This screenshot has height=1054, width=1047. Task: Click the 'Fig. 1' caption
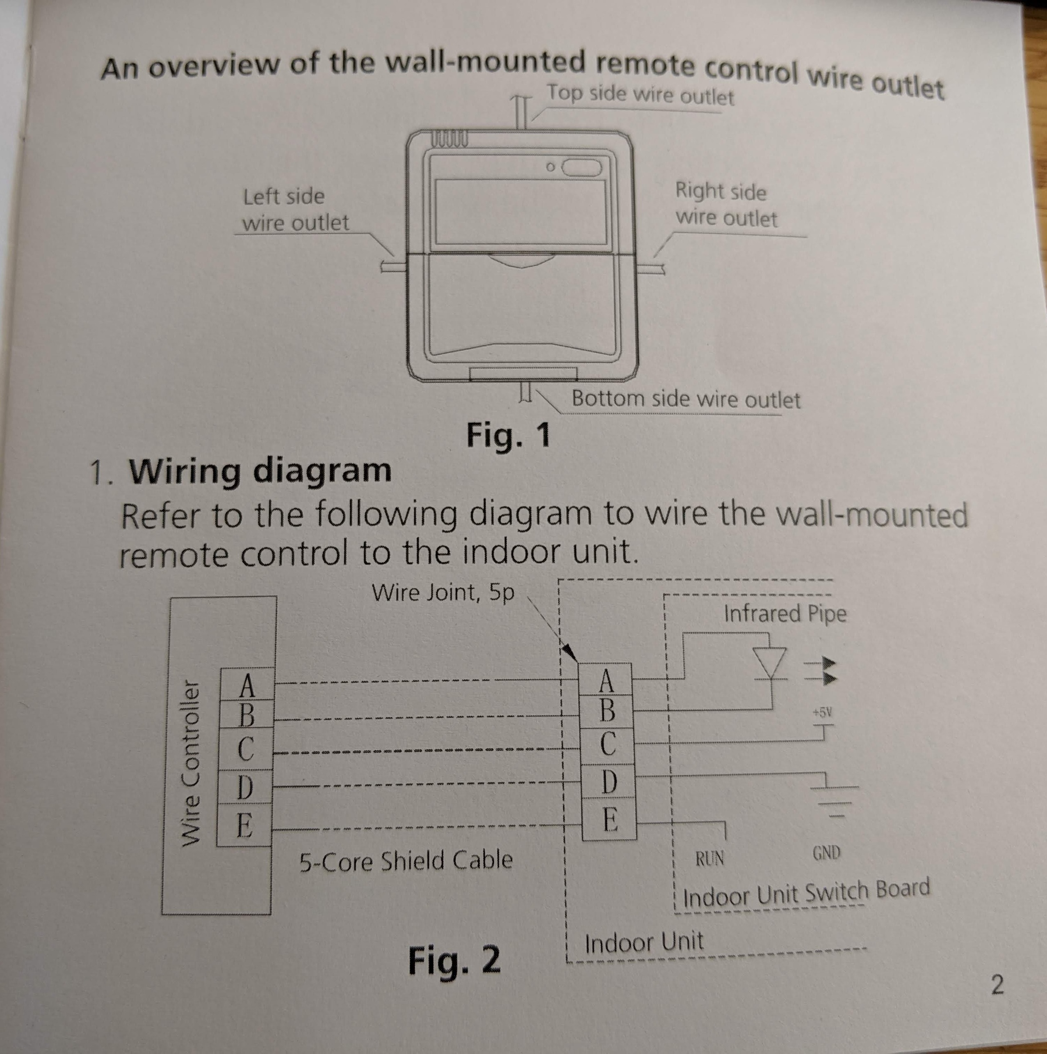[509, 436]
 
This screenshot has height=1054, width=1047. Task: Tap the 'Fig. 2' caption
[454, 960]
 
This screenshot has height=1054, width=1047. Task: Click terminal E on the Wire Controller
[244, 825]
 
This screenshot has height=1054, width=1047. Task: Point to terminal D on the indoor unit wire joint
[608, 782]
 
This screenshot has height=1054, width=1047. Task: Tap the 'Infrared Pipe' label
[785, 614]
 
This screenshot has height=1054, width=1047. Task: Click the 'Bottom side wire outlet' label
[686, 399]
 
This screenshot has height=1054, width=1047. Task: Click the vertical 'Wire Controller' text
[189, 763]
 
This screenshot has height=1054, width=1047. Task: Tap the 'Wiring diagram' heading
[260, 471]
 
